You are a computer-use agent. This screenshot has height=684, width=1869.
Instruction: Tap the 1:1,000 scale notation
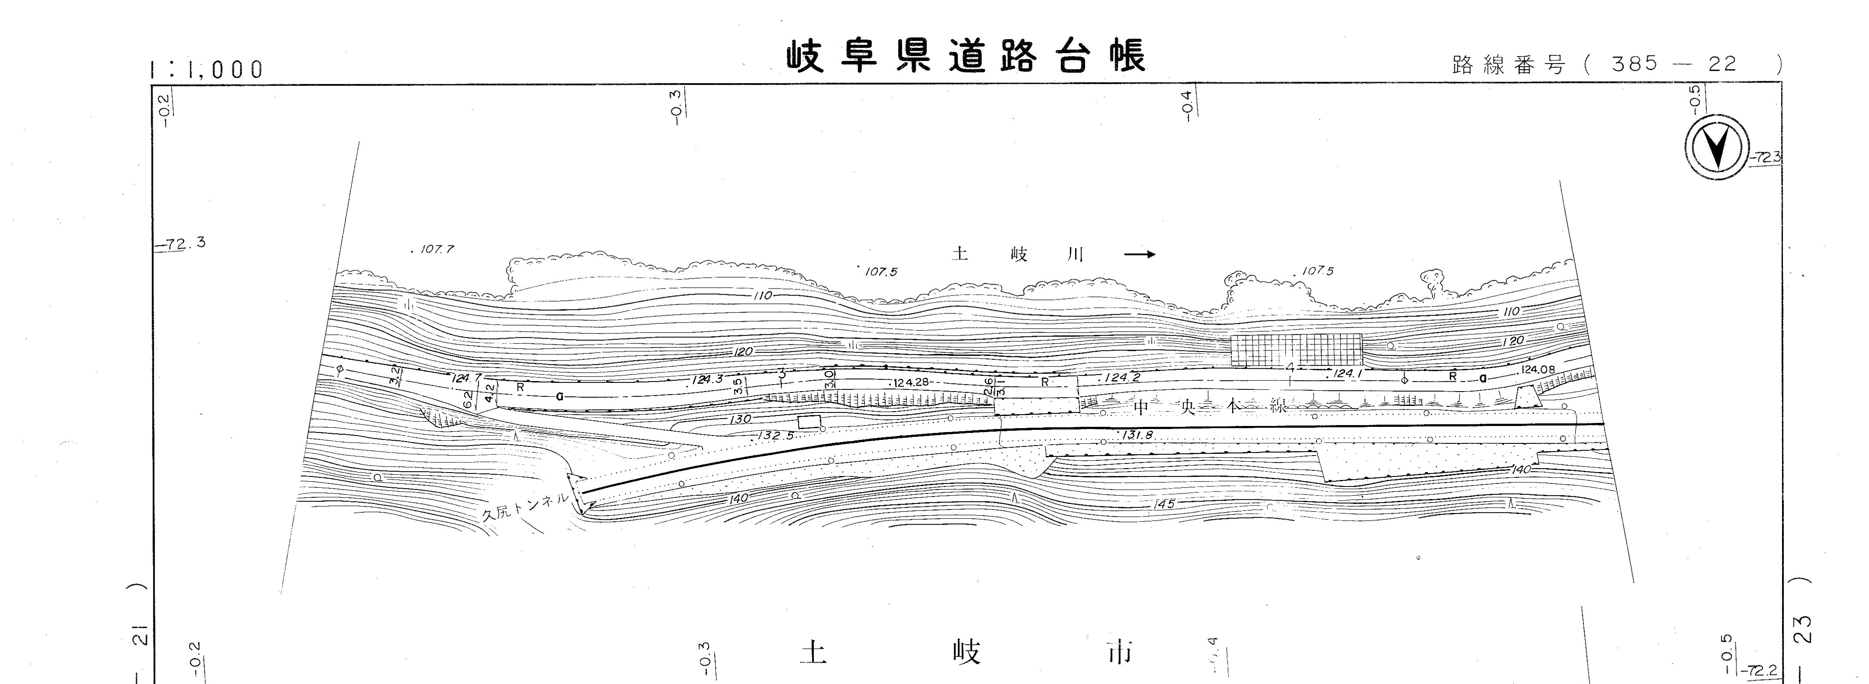pyautogui.click(x=207, y=70)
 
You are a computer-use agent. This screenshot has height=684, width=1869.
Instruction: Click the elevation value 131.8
pyautogui.click(x=1136, y=436)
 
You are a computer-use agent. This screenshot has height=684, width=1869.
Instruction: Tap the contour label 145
pyautogui.click(x=1163, y=503)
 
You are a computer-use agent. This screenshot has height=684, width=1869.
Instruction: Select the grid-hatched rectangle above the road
pyautogui.click(x=1296, y=350)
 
